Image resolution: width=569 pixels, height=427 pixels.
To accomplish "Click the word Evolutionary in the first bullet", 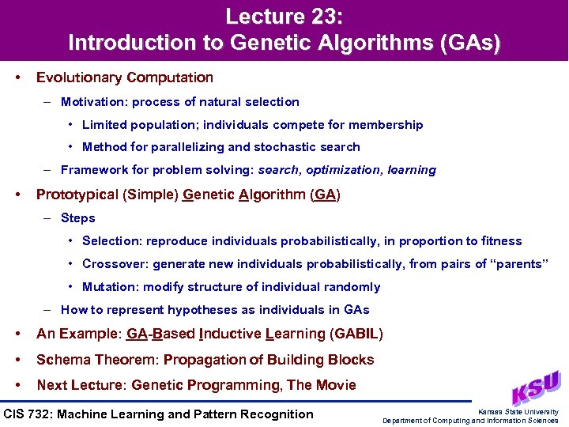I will point(80,77).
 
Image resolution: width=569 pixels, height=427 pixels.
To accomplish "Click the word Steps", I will point(77,217).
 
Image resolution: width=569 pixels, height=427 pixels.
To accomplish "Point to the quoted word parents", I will point(519,263).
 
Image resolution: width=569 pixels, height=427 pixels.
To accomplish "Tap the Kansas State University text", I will point(518,411).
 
